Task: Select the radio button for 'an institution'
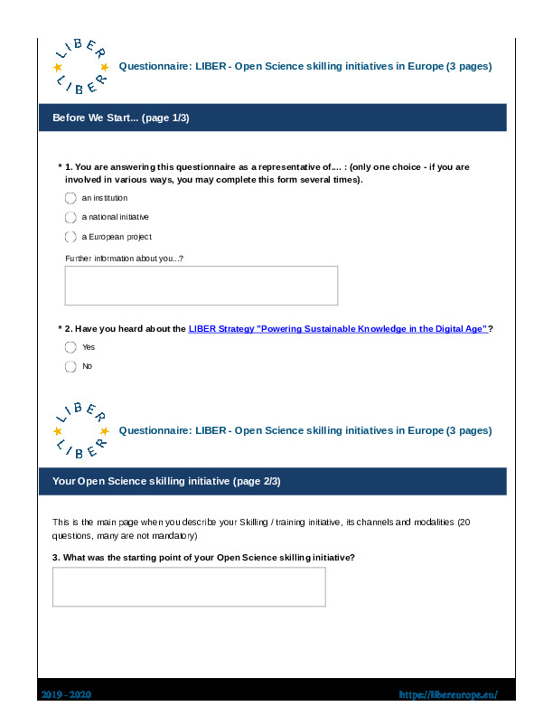[70, 198]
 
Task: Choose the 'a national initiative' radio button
[70, 217]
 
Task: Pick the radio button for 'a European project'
[70, 237]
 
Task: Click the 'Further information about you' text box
[202, 286]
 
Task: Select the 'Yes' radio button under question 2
[70, 347]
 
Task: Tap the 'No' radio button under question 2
[70, 366]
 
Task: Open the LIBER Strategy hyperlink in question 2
[338, 329]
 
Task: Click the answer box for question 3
[189, 588]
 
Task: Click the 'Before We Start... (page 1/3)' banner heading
[121, 118]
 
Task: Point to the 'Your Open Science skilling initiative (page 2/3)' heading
[166, 482]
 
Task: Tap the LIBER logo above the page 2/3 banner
[81, 431]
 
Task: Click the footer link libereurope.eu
[448, 694]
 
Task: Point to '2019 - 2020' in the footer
[66, 694]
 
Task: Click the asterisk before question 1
[60, 166]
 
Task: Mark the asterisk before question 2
[60, 329]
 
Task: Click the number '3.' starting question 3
[56, 557]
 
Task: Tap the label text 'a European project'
[117, 237]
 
